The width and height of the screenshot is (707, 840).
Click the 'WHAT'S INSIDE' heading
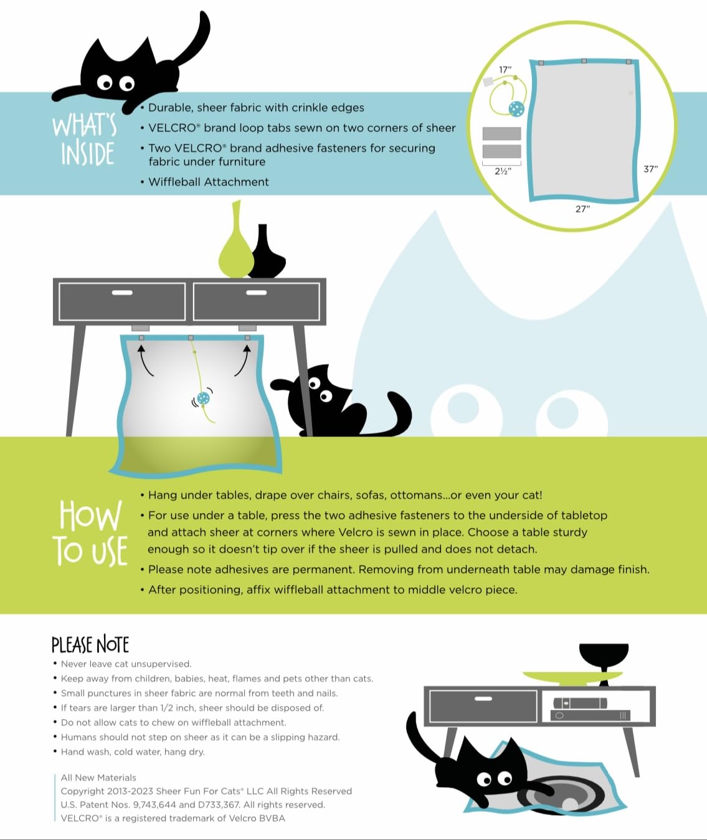tap(85, 139)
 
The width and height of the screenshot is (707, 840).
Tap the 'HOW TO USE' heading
tap(90, 533)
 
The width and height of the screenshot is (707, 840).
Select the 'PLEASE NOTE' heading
tap(90, 644)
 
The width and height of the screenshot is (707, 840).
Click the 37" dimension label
tap(650, 169)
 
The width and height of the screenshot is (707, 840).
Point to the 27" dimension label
tap(582, 209)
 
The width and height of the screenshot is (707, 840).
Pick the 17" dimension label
tap(505, 70)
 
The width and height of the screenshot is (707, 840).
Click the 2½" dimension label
tap(503, 171)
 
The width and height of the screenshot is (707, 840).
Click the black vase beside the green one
tap(267, 253)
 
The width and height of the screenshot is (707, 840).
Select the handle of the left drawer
tap(122, 293)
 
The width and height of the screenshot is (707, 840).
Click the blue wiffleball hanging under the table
tap(204, 399)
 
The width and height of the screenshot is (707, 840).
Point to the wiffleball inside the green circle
tap(516, 108)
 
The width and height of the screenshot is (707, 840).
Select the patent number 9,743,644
tap(154, 804)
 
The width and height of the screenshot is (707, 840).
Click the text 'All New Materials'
tap(98, 777)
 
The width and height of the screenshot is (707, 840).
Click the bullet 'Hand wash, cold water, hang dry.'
tap(133, 752)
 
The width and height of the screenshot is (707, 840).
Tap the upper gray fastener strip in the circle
tap(502, 133)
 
